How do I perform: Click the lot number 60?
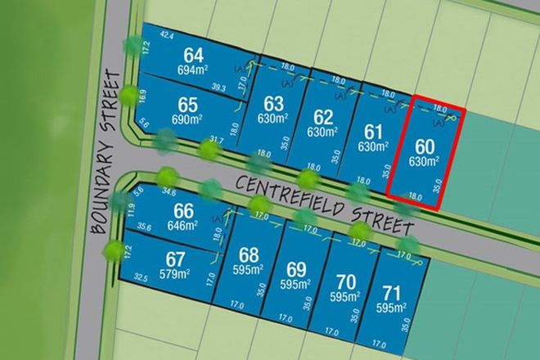tap(424, 147)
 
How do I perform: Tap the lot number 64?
tap(194, 56)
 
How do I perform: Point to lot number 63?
tap(273, 104)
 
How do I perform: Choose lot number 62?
tap(323, 115)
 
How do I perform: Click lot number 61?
tap(373, 131)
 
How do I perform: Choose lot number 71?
tap(393, 293)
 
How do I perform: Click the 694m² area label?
tap(194, 71)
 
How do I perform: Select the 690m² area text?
tap(187, 120)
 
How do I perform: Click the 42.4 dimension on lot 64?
tap(167, 34)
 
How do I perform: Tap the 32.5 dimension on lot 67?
tap(142, 278)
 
